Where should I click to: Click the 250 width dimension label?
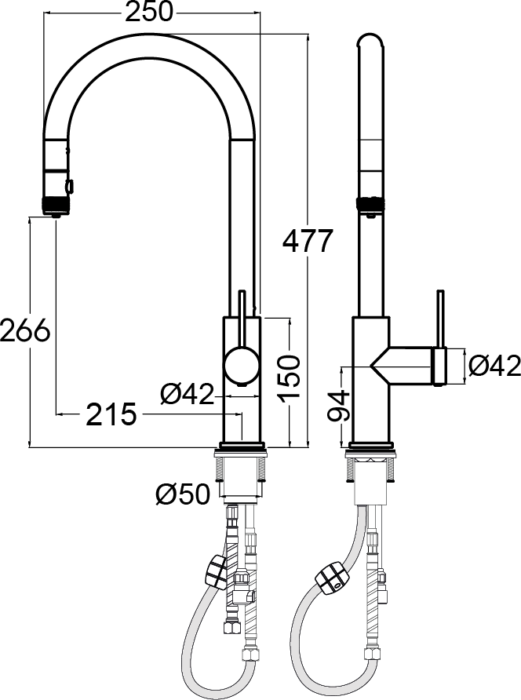pyautogui.click(x=148, y=12)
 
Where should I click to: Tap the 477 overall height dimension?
pyautogui.click(x=308, y=241)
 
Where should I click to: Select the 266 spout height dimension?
pyautogui.click(x=25, y=331)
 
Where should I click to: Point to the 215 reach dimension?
pyautogui.click(x=111, y=414)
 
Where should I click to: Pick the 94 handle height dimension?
pyautogui.click(x=339, y=407)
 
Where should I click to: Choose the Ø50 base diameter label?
pyautogui.click(x=183, y=494)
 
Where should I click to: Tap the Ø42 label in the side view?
pyautogui.click(x=494, y=366)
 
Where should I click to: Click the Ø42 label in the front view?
pyautogui.click(x=188, y=395)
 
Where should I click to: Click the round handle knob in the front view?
pyautogui.click(x=242, y=364)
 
